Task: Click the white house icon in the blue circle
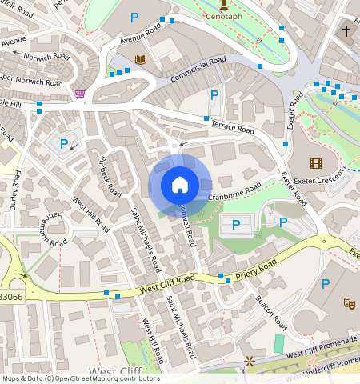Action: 180,186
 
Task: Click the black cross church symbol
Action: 346,31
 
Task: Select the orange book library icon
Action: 141,59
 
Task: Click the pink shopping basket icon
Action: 80,94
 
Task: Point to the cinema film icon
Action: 315,163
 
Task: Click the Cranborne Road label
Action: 234,191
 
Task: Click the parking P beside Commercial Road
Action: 214,95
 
